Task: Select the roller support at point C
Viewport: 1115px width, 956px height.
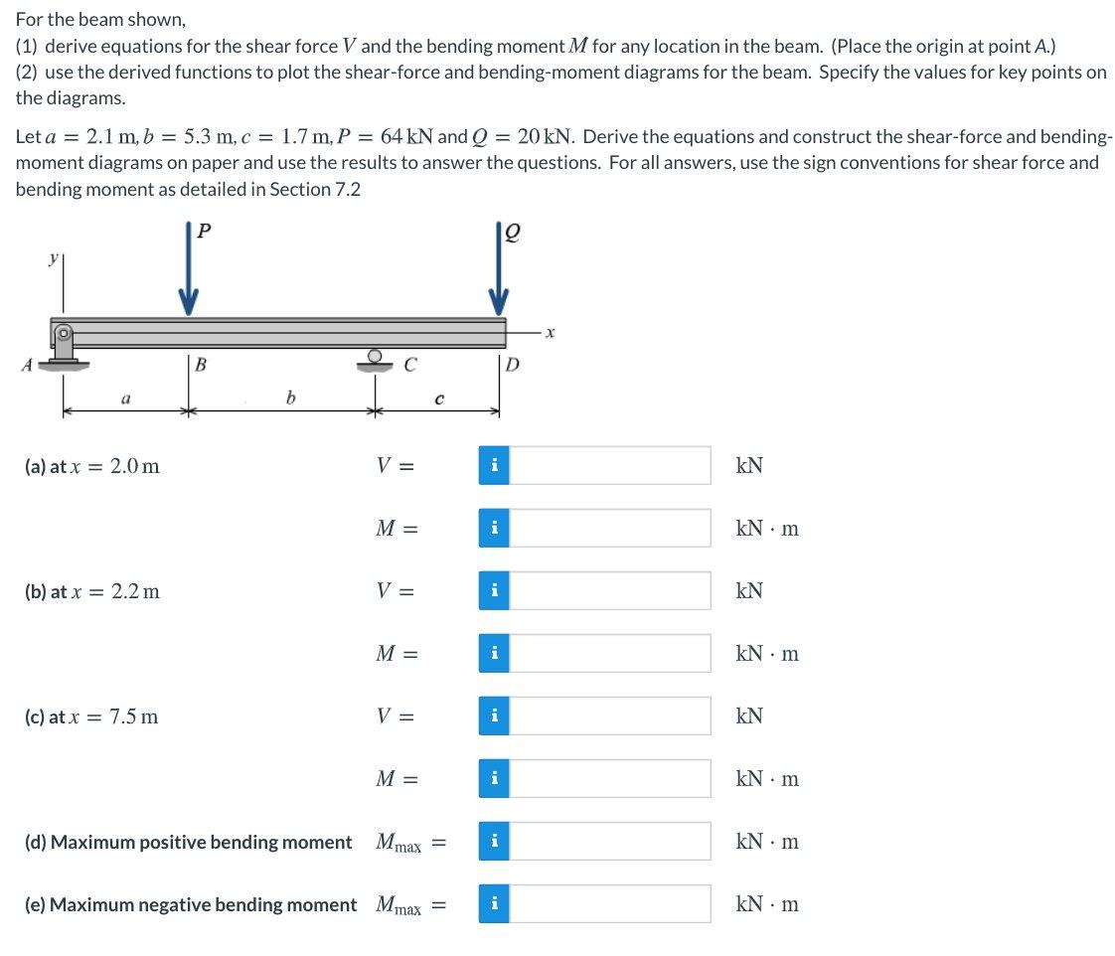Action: click(375, 360)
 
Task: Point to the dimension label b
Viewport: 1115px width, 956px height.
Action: click(290, 398)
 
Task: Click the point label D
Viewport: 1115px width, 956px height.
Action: click(512, 364)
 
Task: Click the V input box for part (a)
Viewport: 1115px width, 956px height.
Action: click(609, 466)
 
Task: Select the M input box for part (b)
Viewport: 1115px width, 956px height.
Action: click(609, 654)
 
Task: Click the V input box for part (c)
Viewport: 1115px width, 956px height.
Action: click(609, 717)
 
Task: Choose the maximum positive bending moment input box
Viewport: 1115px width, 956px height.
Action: click(609, 842)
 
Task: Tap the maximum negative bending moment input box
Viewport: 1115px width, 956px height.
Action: click(609, 904)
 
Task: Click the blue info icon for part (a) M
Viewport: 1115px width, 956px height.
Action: click(494, 529)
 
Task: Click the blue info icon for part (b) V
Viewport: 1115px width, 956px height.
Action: click(494, 591)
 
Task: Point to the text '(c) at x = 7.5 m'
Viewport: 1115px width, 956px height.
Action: click(90, 717)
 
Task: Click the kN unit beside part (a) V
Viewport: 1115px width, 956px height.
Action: click(749, 466)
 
